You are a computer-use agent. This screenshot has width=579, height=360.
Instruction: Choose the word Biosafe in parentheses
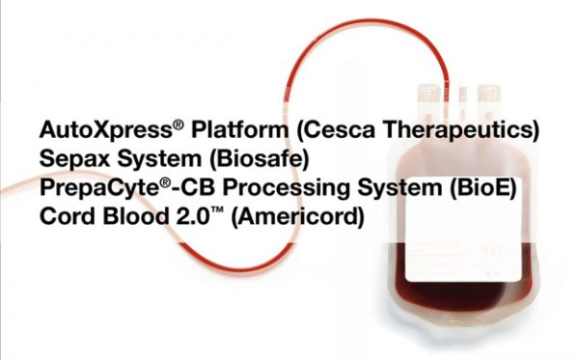click(239, 159)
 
